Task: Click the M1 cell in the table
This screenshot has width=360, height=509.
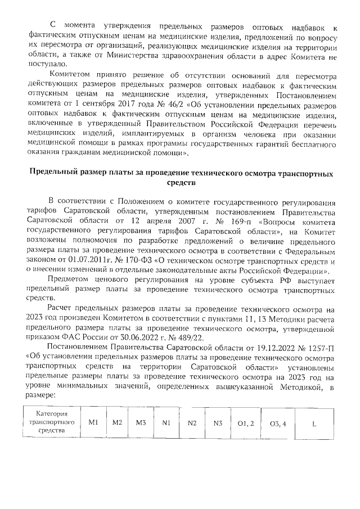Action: (93, 422)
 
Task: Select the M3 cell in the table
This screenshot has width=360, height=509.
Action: (141, 422)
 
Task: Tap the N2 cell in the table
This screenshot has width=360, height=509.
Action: (192, 422)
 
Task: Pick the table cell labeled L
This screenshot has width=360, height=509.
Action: (314, 422)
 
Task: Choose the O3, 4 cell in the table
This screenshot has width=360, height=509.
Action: (278, 422)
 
